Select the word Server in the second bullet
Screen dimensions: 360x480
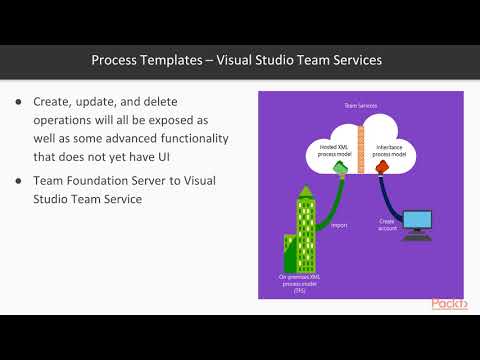click(178, 180)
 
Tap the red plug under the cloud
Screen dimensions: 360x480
click(380, 170)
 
